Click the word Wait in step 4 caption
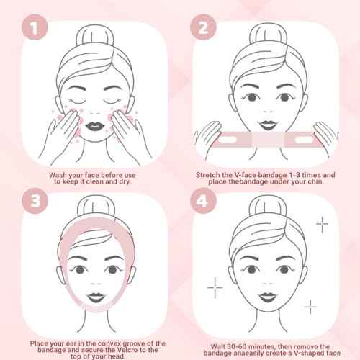click(x=211, y=345)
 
